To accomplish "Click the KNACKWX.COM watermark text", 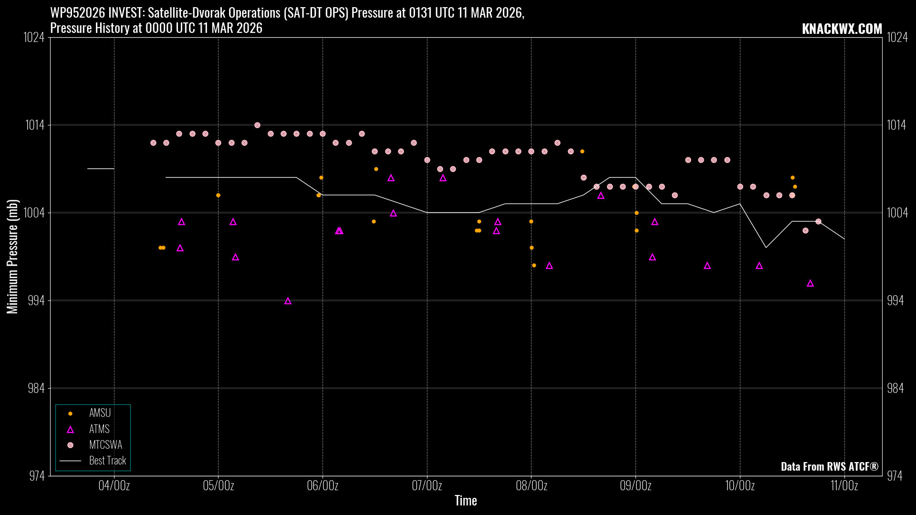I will pos(842,29).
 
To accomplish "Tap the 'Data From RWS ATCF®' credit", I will pos(829,466).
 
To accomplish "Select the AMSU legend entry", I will pos(100,413).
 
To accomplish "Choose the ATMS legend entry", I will pos(99,429).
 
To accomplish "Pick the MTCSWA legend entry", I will pos(105,445).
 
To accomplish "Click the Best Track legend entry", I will pos(107,461).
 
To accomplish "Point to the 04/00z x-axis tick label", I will pos(114,486).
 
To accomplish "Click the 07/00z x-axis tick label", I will pos(427,486).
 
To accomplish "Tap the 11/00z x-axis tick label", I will pos(844,486).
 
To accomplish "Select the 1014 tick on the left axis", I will pos(34,125).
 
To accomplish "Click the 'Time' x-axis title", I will pos(466,501).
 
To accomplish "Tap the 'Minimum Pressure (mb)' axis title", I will pos(12,257).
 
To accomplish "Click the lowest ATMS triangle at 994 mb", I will pos(288,301).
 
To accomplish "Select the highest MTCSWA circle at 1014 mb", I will pos(257,125).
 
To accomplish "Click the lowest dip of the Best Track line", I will pos(766,247).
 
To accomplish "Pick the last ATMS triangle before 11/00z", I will pos(810,284).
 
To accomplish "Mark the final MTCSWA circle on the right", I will pos(818,221).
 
